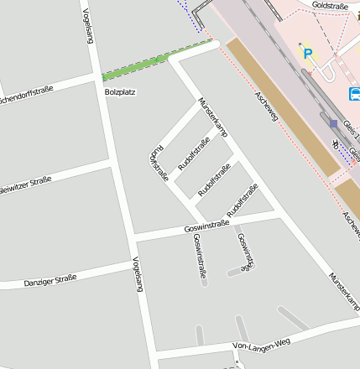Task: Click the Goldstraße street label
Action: tap(329, 6)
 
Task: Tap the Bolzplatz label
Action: tap(120, 91)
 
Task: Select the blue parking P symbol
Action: tap(308, 54)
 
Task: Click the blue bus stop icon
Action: tap(354, 94)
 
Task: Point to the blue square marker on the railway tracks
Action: tap(333, 123)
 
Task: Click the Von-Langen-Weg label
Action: tap(261, 344)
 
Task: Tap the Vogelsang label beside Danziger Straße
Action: tap(136, 274)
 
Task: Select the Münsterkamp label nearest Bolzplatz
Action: tap(212, 117)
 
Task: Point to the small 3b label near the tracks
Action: tap(336, 143)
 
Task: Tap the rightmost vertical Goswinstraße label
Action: tap(244, 252)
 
